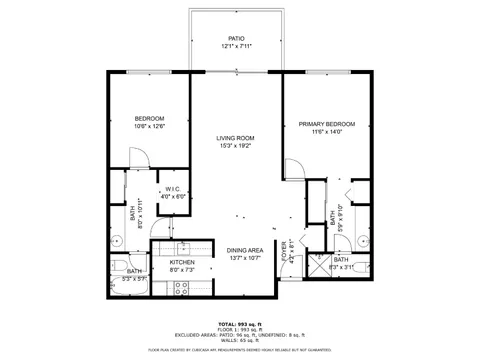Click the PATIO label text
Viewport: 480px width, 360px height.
(x=236, y=38)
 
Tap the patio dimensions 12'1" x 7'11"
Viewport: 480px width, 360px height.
(x=236, y=47)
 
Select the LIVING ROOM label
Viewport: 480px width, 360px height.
(x=236, y=138)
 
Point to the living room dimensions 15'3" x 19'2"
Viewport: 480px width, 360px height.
(x=236, y=147)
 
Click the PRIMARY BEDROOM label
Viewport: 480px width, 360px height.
(x=326, y=124)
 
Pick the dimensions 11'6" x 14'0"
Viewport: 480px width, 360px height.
(x=326, y=133)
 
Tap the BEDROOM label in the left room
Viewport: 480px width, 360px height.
(x=148, y=118)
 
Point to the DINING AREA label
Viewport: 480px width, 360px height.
(x=244, y=250)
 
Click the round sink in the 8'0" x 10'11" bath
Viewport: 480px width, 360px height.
(x=116, y=238)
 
